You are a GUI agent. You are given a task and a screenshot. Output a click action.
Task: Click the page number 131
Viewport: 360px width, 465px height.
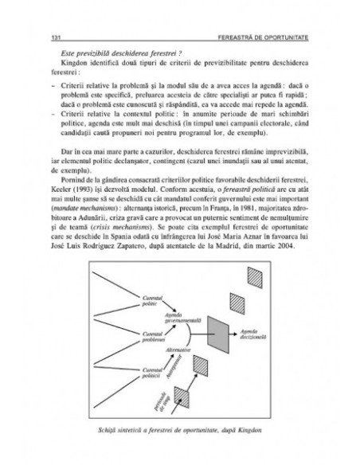[55, 37]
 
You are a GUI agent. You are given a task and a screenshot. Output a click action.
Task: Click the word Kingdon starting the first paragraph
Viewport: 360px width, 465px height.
[65, 62]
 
